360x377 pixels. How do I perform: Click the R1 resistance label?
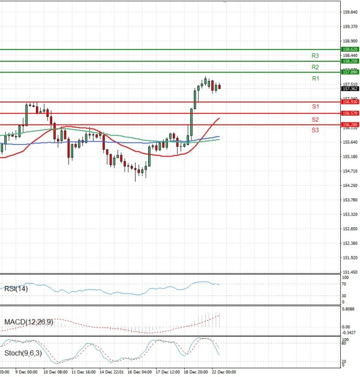[x=315, y=79]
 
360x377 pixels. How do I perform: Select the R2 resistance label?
[x=315, y=67]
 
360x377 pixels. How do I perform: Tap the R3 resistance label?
[x=315, y=55]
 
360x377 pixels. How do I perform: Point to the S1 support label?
[x=315, y=107]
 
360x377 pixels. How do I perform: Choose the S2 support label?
[x=315, y=119]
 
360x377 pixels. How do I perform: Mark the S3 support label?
[x=315, y=130]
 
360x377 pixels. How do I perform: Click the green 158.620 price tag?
[x=350, y=49]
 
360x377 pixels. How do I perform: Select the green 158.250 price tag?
[x=350, y=61]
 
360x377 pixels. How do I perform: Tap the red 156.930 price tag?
[x=350, y=102]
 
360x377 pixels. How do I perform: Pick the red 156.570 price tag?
[x=350, y=113]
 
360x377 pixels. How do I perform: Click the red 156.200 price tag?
[x=350, y=125]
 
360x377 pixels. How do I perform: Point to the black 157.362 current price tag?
[x=350, y=88]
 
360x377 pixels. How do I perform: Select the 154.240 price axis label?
[x=350, y=185]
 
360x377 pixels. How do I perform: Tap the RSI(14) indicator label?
[x=14, y=289]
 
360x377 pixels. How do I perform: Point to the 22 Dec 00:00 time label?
[x=223, y=372]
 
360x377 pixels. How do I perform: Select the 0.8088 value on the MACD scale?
[x=350, y=309]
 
